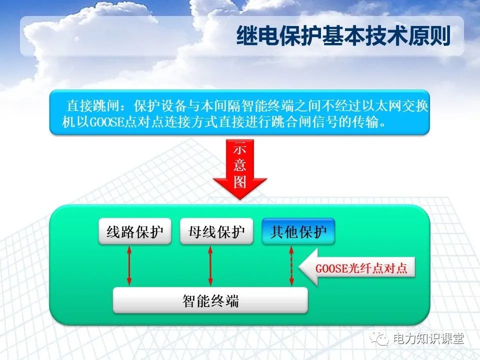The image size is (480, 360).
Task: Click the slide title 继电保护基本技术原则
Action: click(343, 36)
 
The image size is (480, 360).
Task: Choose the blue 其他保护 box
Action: click(298, 232)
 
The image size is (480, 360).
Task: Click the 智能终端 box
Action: click(210, 301)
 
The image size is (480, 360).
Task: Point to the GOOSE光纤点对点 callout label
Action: click(361, 268)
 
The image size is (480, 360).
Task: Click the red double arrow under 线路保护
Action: click(129, 265)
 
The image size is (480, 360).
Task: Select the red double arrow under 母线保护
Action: click(210, 265)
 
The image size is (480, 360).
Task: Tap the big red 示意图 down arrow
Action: click(240, 170)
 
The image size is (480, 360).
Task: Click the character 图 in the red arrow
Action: click(240, 182)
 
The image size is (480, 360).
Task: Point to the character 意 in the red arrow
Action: click(240, 164)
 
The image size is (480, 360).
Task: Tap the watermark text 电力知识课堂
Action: click(428, 338)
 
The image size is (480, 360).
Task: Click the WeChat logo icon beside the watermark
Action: click(381, 339)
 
